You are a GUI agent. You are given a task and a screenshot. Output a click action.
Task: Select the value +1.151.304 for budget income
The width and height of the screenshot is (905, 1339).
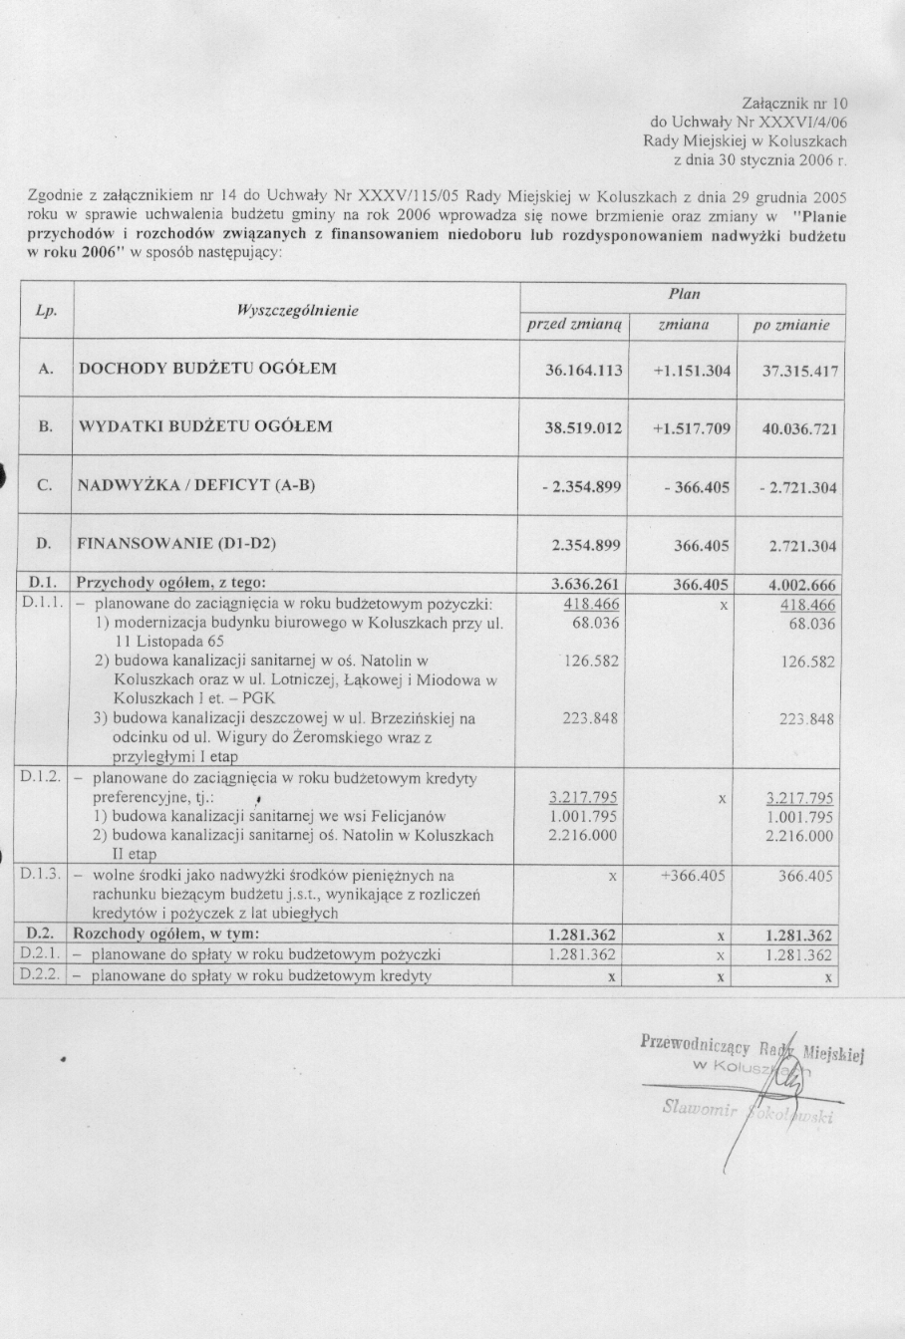(692, 371)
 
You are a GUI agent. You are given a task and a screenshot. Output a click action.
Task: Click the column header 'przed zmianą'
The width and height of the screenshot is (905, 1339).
(574, 325)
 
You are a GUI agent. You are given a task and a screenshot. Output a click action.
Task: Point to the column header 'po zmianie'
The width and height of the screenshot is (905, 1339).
(790, 326)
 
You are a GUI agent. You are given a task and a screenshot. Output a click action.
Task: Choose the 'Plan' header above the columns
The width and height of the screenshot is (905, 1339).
(684, 294)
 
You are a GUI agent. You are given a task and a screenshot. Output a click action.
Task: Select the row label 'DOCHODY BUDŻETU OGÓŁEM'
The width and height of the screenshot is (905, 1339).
(207, 369)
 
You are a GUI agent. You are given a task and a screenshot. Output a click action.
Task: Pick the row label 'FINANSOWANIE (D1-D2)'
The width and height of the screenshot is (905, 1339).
(176, 544)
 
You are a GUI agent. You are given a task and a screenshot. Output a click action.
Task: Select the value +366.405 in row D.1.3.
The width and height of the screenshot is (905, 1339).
(694, 876)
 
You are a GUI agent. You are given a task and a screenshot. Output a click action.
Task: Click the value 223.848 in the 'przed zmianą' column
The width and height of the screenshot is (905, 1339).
(591, 719)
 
